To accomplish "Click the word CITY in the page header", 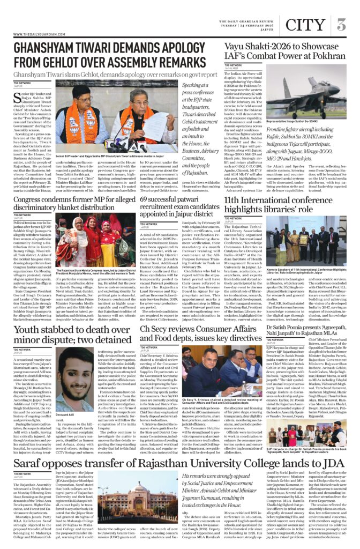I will pos(305,24).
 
